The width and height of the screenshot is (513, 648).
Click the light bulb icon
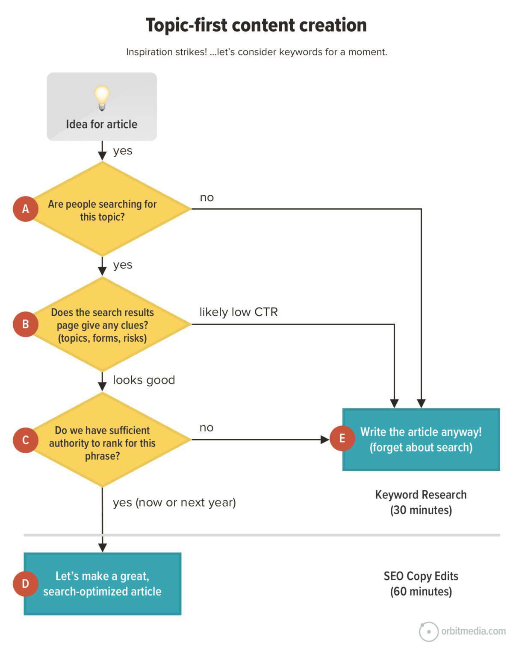click(102, 97)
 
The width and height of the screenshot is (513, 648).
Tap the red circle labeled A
click(26, 209)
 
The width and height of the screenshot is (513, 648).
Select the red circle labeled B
click(26, 324)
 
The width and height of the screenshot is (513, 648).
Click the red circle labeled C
click(26, 440)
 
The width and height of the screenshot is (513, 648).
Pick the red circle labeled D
click(26, 583)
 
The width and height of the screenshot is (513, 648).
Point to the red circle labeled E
click(342, 438)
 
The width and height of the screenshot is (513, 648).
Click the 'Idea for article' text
click(102, 124)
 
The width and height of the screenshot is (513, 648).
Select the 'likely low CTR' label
click(239, 312)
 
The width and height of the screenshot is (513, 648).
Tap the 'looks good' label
click(144, 380)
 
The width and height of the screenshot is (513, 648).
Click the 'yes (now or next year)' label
click(174, 502)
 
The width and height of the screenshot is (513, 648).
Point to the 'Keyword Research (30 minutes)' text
click(421, 502)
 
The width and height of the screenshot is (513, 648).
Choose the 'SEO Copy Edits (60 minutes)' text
click(421, 583)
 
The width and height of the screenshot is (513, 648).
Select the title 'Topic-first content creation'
click(256, 25)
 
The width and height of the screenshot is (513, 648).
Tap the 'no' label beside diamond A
click(207, 197)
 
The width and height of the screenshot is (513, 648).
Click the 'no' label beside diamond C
click(206, 428)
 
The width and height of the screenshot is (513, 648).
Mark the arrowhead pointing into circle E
click(325, 440)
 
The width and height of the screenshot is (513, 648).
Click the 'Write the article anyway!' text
click(421, 432)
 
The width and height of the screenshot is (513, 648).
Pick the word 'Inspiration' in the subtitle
click(145, 52)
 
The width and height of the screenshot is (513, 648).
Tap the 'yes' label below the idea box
click(123, 151)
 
